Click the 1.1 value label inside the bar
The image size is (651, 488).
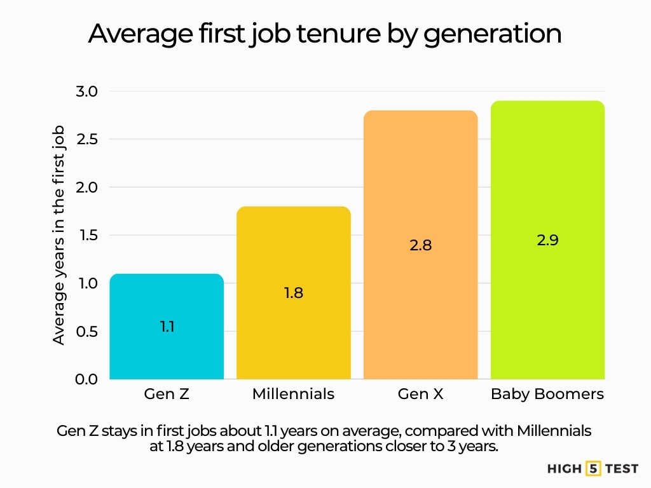tap(167, 327)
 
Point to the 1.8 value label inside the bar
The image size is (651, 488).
tap(293, 294)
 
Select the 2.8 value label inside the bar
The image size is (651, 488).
tap(420, 245)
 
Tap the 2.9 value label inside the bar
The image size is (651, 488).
tap(547, 241)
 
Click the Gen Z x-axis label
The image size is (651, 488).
tap(167, 394)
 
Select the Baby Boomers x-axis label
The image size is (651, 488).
tap(547, 394)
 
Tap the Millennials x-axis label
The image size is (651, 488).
tap(293, 394)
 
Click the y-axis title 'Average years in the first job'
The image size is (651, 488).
tap(59, 235)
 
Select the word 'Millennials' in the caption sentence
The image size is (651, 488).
tap(554, 431)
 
